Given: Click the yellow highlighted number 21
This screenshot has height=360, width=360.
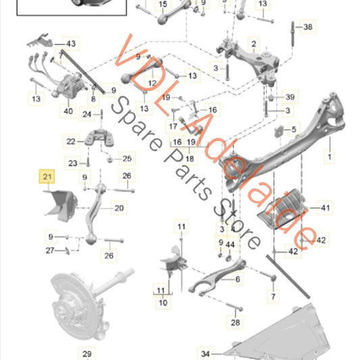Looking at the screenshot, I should click(x=47, y=177).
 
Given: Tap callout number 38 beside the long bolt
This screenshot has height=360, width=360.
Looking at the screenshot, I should click(x=308, y=27).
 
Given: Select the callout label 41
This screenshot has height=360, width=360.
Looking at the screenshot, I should click(x=326, y=207).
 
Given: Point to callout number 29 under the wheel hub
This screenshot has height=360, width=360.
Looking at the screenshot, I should click(x=86, y=353).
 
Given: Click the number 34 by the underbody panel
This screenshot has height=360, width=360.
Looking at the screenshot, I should click(x=205, y=353).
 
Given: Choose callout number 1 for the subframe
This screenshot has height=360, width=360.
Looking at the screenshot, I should click(x=330, y=157).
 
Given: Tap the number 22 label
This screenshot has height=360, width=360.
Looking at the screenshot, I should click(x=71, y=141).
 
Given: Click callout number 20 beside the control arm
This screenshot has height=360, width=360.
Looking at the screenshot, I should click(x=118, y=208).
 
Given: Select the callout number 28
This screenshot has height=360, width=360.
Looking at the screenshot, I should click(x=234, y=323).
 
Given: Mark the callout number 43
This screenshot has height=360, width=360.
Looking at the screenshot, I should click(x=70, y=44).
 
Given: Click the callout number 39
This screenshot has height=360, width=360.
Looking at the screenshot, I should click(x=290, y=97).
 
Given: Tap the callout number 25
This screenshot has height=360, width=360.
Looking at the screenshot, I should click(x=127, y=159).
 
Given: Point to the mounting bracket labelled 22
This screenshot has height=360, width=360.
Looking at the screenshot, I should click(x=99, y=140).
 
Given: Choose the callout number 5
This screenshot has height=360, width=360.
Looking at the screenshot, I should click(x=293, y=128).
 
